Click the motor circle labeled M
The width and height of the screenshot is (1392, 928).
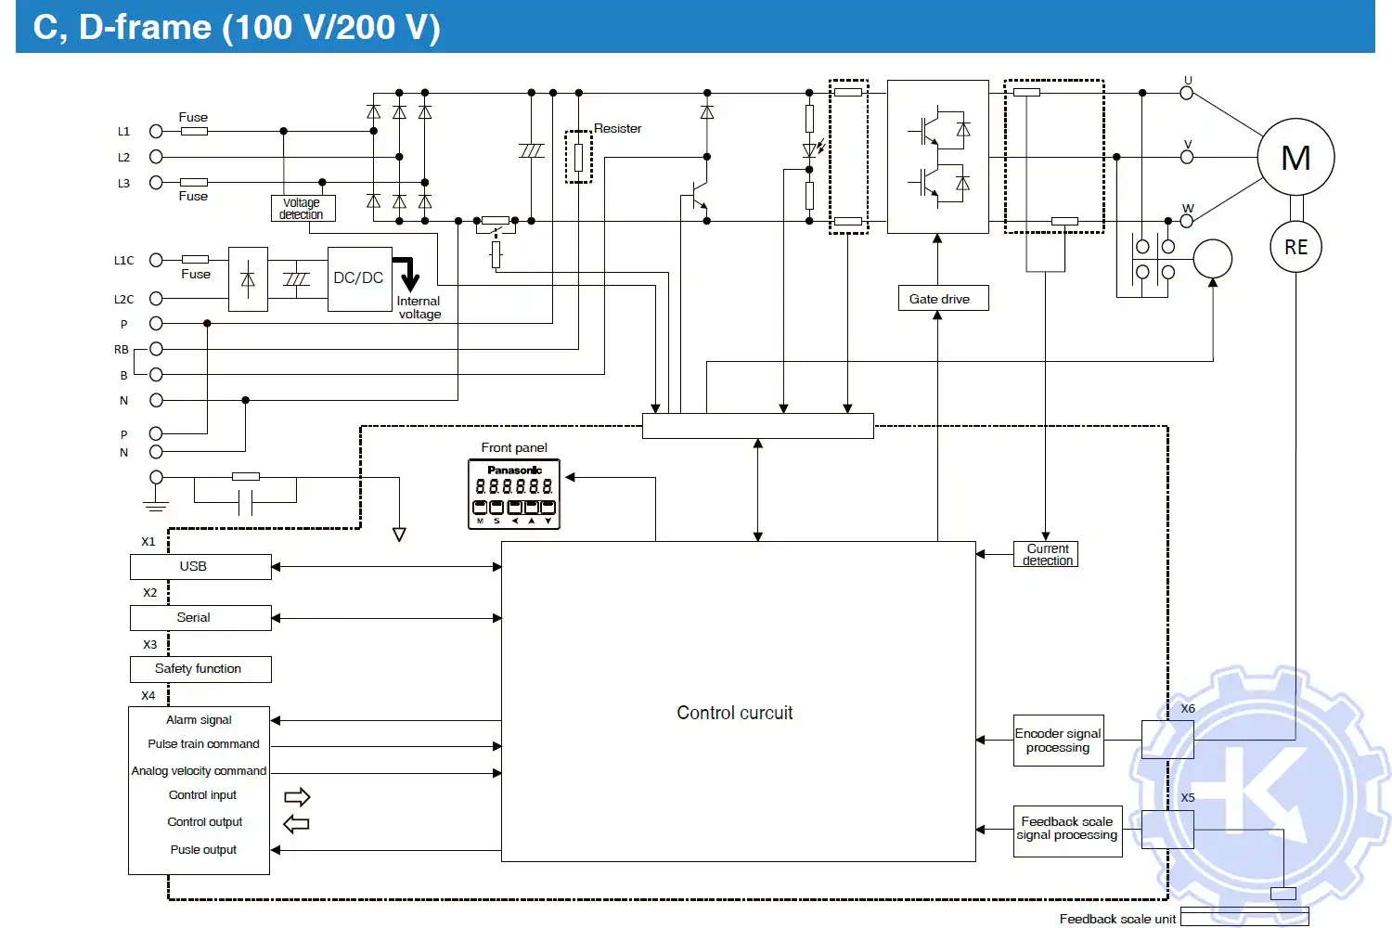coord(1295,157)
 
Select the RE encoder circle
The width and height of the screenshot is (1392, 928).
coord(1295,247)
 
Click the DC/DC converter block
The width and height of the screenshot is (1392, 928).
coord(359,278)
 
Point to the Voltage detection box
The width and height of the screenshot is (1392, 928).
coord(303,209)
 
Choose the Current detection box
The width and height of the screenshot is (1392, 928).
coord(1046,555)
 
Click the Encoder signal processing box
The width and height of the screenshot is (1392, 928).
coord(1058,741)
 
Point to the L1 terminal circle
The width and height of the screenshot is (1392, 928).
coord(156,132)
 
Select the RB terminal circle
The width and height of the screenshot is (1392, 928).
coord(156,349)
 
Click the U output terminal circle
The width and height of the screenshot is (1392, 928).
coord(1186,93)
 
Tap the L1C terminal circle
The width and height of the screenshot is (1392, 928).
coord(156,260)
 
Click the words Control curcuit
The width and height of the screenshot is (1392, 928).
coord(734,713)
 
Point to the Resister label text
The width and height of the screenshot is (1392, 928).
coord(617,129)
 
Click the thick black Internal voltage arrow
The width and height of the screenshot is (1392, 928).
coord(408,275)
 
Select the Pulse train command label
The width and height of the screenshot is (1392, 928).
coord(203,744)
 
